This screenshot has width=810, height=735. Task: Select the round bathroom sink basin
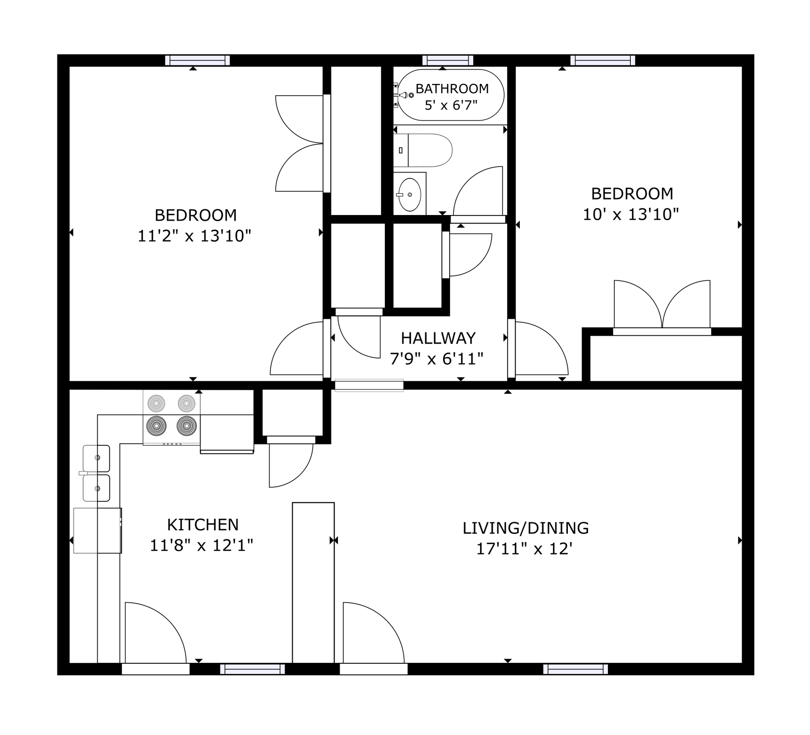point(410,194)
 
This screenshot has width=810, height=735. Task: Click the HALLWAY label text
point(438,338)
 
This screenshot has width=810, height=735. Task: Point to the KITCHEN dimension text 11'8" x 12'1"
point(201,546)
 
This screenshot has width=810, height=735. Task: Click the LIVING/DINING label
point(525,528)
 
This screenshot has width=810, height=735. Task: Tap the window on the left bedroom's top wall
point(197,60)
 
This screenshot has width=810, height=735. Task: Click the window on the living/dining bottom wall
point(575,669)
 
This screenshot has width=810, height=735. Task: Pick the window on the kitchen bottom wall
point(252,669)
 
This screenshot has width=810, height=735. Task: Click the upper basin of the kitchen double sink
point(97,458)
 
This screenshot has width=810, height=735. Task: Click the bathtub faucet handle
point(404,95)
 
